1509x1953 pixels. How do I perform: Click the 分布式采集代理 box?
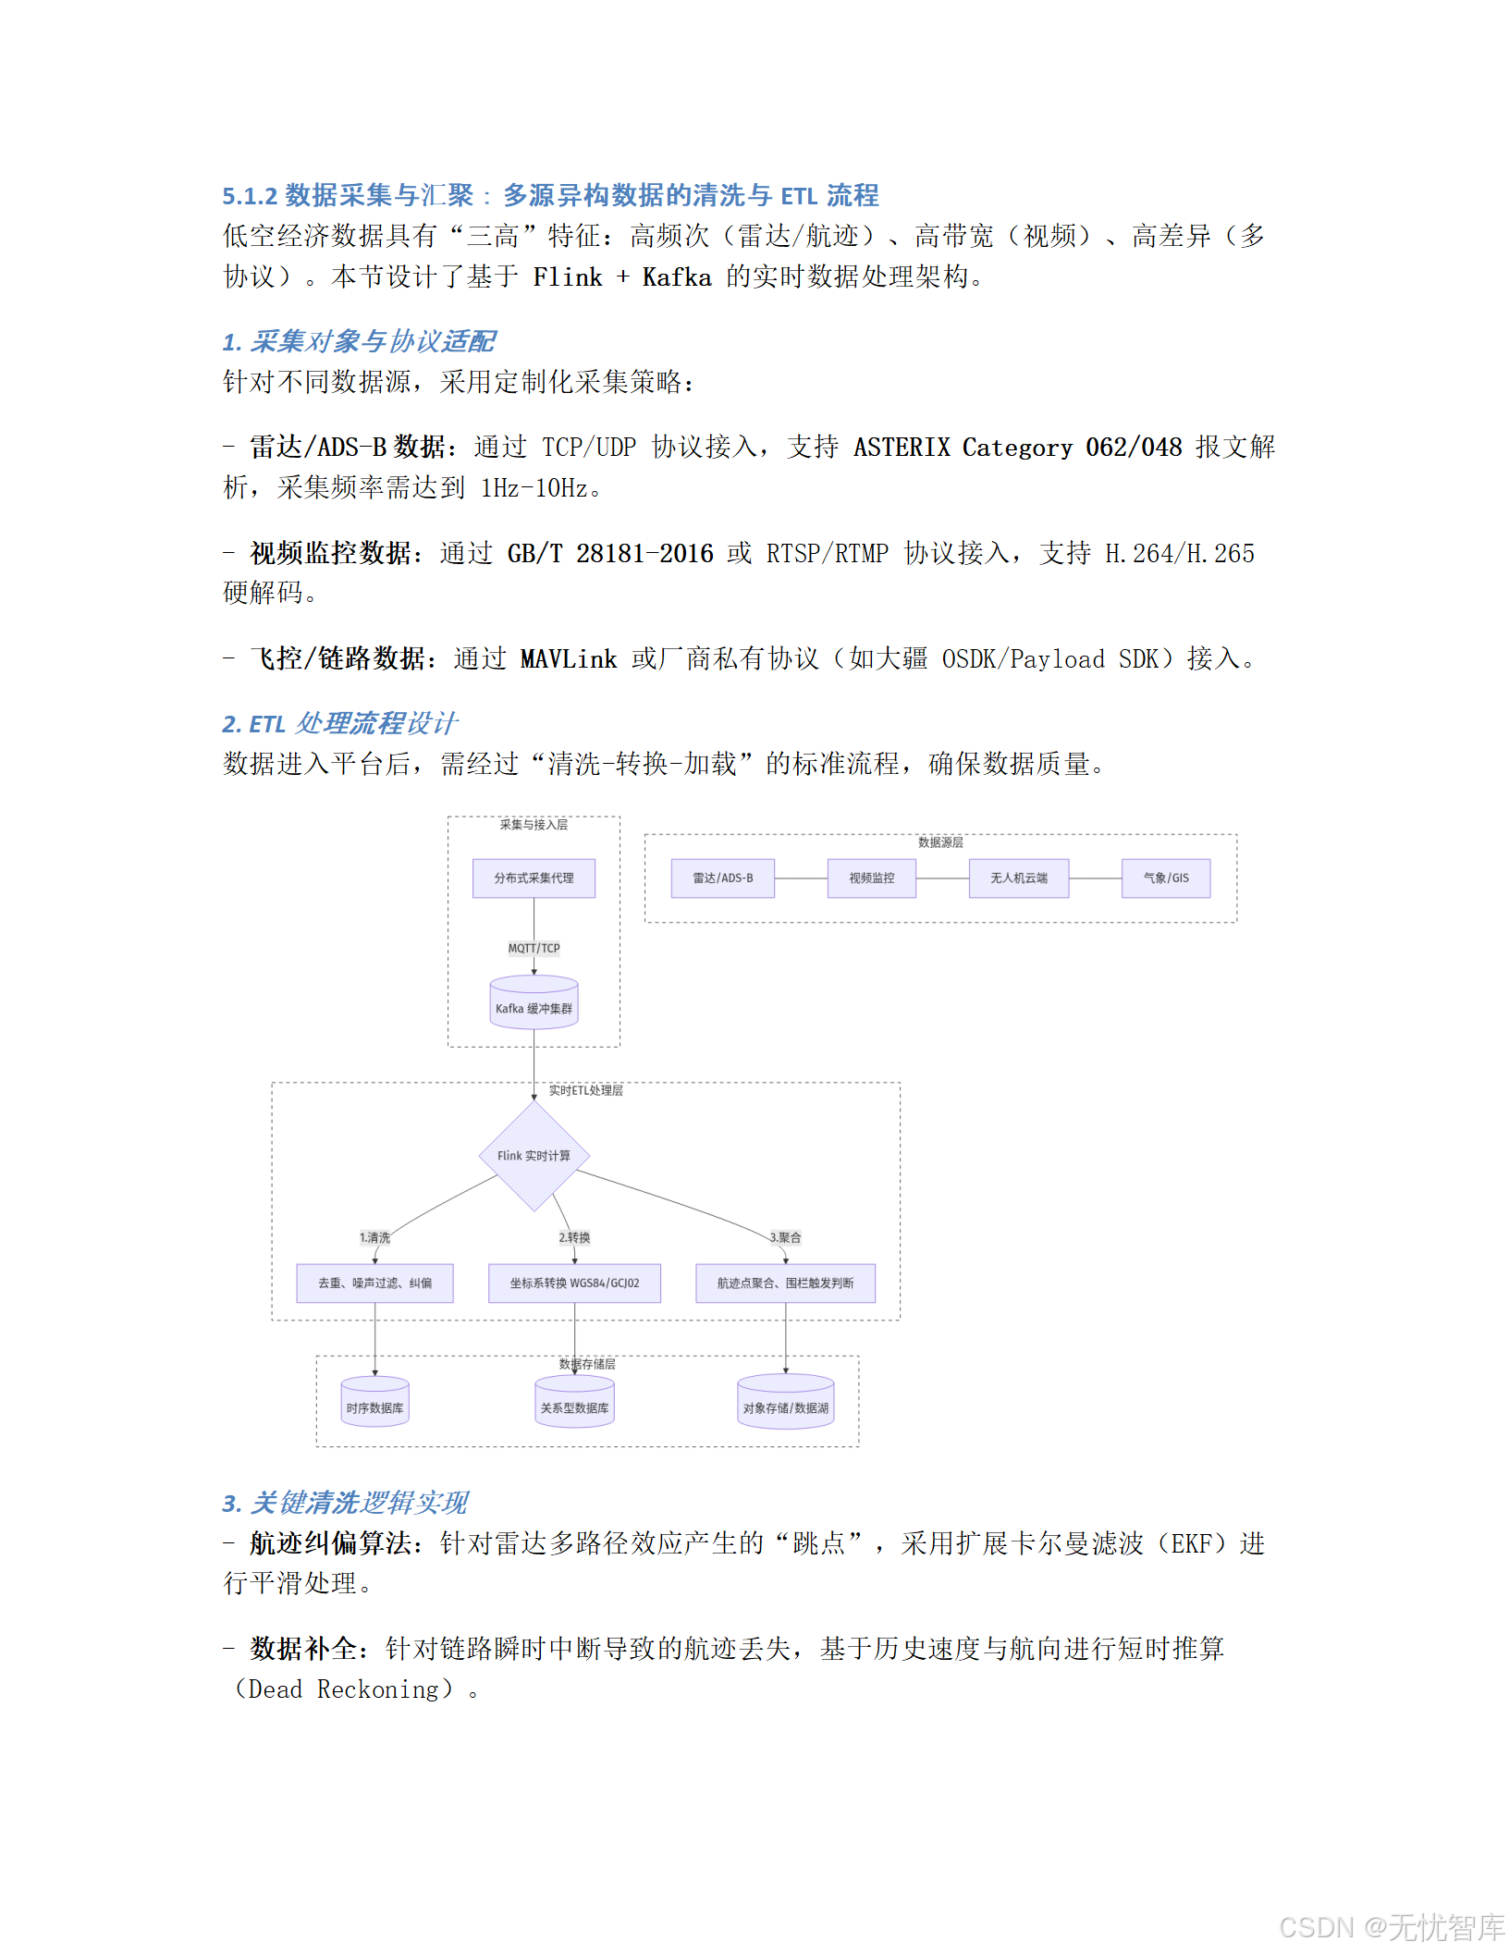pyautogui.click(x=534, y=878)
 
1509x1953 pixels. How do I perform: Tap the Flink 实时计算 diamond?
pyautogui.click(x=534, y=1156)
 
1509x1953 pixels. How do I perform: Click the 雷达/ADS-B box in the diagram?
pyautogui.click(x=723, y=878)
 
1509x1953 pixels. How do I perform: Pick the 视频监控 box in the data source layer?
pyautogui.click(x=871, y=878)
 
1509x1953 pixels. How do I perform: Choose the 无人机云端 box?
pyautogui.click(x=1018, y=878)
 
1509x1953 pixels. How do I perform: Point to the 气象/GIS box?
pyautogui.click(x=1165, y=878)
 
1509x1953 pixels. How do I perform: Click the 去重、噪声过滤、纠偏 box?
pyautogui.click(x=374, y=1283)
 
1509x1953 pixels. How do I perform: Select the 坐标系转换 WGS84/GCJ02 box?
pyautogui.click(x=574, y=1283)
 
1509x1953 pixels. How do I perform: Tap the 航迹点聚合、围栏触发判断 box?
pyautogui.click(x=785, y=1283)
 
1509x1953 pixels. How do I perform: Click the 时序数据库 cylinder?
pyautogui.click(x=374, y=1403)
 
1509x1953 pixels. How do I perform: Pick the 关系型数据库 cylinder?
pyautogui.click(x=574, y=1403)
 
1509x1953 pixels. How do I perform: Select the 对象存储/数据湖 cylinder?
pyautogui.click(x=785, y=1403)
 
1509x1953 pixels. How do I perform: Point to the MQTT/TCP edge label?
pyautogui.click(x=534, y=948)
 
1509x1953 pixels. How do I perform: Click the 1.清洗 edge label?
pyautogui.click(x=374, y=1237)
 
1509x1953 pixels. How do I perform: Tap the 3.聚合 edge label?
pyautogui.click(x=785, y=1237)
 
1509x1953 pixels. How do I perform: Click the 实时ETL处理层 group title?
pyautogui.click(x=585, y=1090)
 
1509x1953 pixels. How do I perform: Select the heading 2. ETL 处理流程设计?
pyautogui.click(x=339, y=723)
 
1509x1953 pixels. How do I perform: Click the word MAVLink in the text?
pyautogui.click(x=568, y=659)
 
